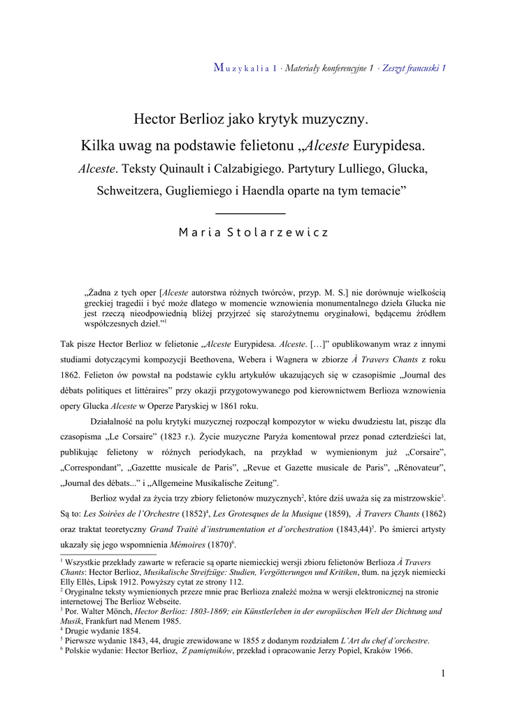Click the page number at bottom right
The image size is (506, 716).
click(x=443, y=673)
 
